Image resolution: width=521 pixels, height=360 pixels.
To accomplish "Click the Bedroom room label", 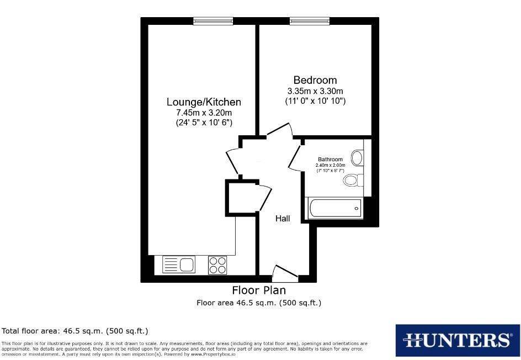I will [315, 80].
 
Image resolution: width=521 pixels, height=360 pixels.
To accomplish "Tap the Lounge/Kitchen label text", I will [204, 102].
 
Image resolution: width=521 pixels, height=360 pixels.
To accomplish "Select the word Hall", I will [283, 219].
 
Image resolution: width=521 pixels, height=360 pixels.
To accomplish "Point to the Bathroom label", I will [330, 160].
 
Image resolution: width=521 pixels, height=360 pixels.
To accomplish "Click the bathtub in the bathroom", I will [335, 209].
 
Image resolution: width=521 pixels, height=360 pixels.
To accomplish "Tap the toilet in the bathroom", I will [352, 180].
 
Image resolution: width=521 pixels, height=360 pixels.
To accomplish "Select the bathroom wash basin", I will [358, 158].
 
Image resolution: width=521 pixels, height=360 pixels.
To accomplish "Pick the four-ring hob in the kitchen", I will [217, 265].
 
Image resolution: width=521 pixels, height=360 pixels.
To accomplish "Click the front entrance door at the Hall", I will [285, 272].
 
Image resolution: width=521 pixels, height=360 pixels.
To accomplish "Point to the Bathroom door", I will [296, 156].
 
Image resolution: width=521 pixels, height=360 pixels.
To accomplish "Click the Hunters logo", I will [458, 339].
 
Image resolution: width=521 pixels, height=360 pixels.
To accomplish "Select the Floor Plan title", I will [259, 290].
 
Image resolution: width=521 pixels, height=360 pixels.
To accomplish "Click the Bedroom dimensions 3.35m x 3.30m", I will [315, 91].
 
